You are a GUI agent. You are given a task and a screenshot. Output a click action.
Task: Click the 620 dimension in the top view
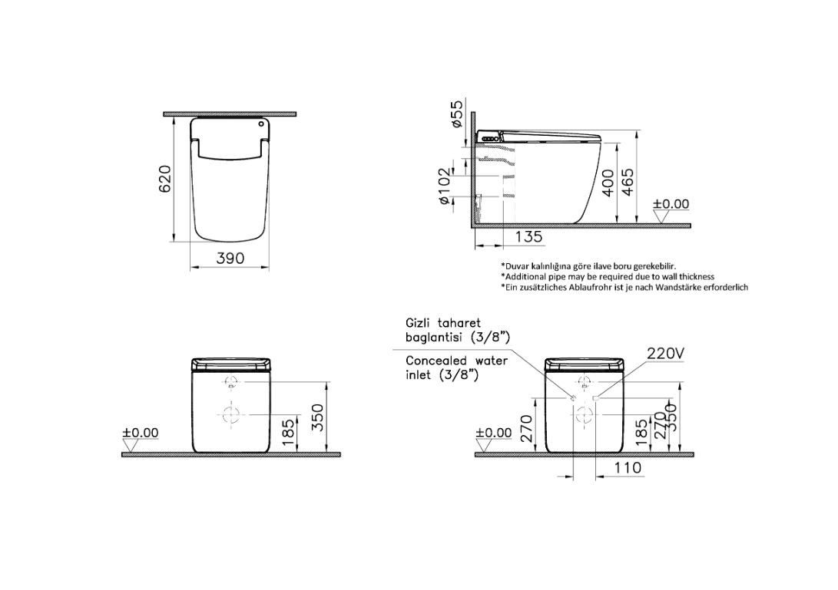coord(164,179)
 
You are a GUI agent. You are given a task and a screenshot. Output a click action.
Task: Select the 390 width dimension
coord(230,259)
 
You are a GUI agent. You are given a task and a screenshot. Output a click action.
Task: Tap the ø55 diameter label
coord(457,114)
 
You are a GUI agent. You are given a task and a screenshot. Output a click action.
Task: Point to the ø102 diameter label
coord(445,186)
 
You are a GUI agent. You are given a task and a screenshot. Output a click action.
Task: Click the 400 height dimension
coord(608,183)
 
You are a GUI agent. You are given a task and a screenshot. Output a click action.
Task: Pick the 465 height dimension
coord(628,182)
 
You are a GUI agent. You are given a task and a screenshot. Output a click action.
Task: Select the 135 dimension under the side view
coord(529,236)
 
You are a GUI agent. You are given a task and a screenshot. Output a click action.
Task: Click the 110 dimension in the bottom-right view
coord(628,468)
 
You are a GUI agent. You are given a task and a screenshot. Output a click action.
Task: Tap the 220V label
coord(666,353)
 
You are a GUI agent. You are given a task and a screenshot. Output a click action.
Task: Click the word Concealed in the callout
coord(436,361)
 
